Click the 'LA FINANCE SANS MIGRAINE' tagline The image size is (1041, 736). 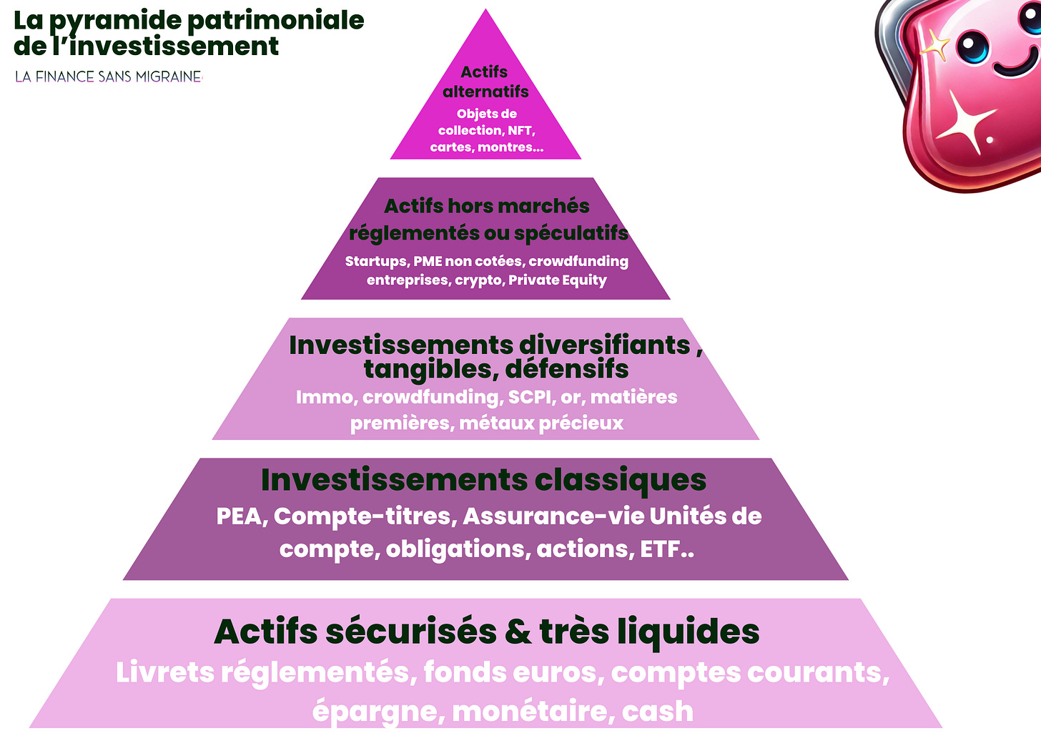(x=109, y=77)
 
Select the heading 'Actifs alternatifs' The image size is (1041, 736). (x=485, y=82)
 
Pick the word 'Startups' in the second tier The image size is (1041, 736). (x=376, y=261)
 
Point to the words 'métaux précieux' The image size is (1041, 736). (x=541, y=423)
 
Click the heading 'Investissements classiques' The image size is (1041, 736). (x=483, y=479)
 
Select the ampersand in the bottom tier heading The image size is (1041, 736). (x=518, y=632)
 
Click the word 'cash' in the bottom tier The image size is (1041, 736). (x=657, y=711)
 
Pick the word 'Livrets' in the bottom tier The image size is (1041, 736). (x=164, y=672)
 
